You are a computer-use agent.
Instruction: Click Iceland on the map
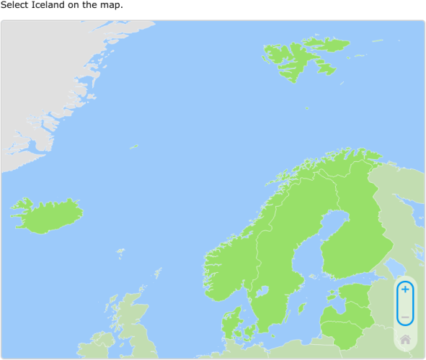[47, 215]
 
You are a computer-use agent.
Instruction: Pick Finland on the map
[353, 230]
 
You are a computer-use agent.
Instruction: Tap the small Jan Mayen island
[134, 147]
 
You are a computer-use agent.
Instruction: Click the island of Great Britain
[133, 324]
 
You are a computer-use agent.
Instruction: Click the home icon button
[405, 339]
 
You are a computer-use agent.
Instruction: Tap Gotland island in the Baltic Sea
[302, 307]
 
